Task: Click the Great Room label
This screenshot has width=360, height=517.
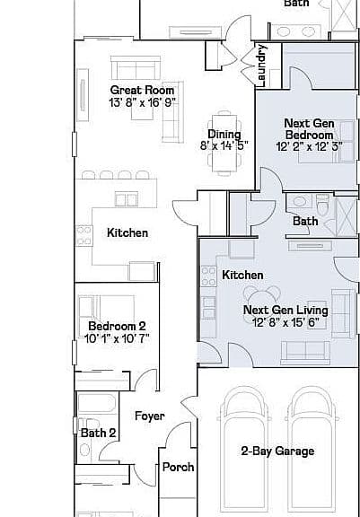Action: pyautogui.click(x=142, y=90)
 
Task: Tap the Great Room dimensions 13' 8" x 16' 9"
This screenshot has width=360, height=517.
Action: pyautogui.click(x=142, y=102)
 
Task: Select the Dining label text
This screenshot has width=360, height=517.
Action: pyautogui.click(x=224, y=135)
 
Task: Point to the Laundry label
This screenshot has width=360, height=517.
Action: pyautogui.click(x=260, y=66)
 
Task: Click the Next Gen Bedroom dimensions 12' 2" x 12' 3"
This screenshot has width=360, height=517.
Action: pyautogui.click(x=309, y=146)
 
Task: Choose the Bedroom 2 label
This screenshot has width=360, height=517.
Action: pyautogui.click(x=117, y=327)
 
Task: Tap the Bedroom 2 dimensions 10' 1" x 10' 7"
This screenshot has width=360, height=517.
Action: pyautogui.click(x=117, y=338)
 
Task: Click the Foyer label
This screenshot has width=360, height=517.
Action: pyautogui.click(x=150, y=416)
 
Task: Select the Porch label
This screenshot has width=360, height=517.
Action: pyautogui.click(x=179, y=468)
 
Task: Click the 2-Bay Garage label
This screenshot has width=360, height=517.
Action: pyautogui.click(x=277, y=451)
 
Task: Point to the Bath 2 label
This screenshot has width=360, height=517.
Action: pyautogui.click(x=98, y=433)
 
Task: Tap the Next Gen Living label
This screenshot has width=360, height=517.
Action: pyautogui.click(x=285, y=311)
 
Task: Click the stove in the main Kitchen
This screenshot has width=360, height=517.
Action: pyautogui.click(x=83, y=236)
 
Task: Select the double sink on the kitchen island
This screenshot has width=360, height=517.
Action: pyautogui.click(x=127, y=199)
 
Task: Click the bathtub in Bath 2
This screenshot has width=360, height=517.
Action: pyautogui.click(x=97, y=404)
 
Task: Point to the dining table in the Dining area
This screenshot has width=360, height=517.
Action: pyautogui.click(x=224, y=143)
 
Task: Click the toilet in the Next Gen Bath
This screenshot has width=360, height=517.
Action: pyautogui.click(x=322, y=205)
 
